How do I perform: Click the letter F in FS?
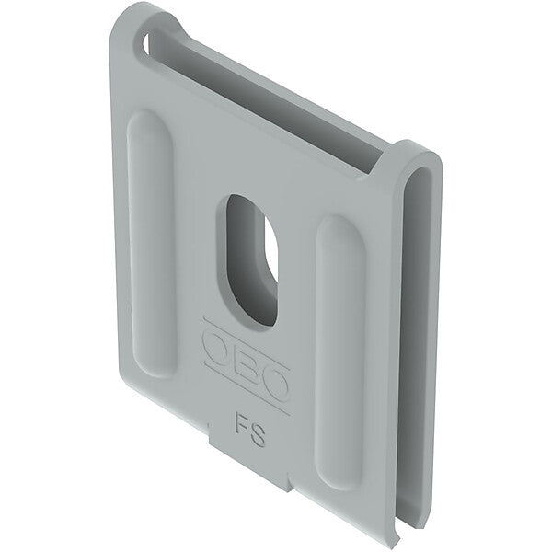click(x=241, y=421)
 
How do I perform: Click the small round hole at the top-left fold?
click(x=146, y=43)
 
